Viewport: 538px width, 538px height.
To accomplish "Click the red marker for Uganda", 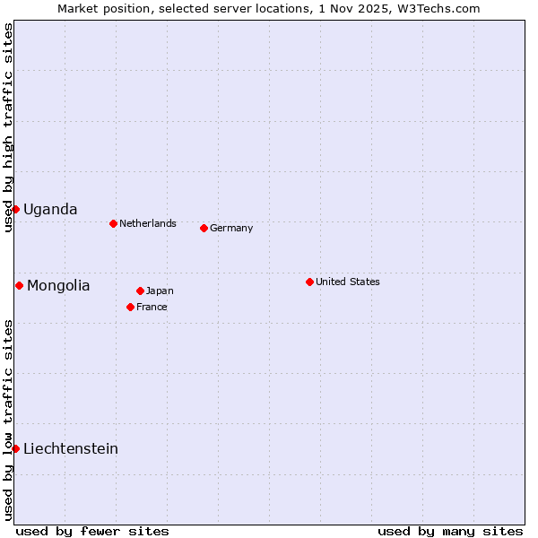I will click(15, 209).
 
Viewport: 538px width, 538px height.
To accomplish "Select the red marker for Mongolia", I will click(19, 285).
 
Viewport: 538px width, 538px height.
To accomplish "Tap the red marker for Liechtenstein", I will click(15, 448).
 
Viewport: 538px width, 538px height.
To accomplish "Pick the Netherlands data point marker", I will click(113, 223).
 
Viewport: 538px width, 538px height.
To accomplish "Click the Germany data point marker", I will click(204, 228).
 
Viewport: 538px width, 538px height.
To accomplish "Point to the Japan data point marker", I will click(140, 291).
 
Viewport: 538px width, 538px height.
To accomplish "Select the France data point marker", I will click(130, 307).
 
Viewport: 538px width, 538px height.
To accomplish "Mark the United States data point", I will click(309, 282).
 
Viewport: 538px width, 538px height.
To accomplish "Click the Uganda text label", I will click(50, 209).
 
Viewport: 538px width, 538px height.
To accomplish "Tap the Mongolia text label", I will click(58, 285).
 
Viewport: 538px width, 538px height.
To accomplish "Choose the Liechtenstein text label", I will click(71, 448).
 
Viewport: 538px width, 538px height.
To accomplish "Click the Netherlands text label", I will click(148, 223).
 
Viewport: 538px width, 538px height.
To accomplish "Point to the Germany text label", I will click(231, 228).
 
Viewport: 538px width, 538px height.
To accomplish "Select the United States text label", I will click(348, 282).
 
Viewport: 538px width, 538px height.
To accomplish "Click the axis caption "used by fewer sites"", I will click(92, 531).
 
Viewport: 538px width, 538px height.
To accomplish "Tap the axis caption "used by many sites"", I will click(450, 531).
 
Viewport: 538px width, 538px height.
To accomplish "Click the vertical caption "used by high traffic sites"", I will click(8, 128).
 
